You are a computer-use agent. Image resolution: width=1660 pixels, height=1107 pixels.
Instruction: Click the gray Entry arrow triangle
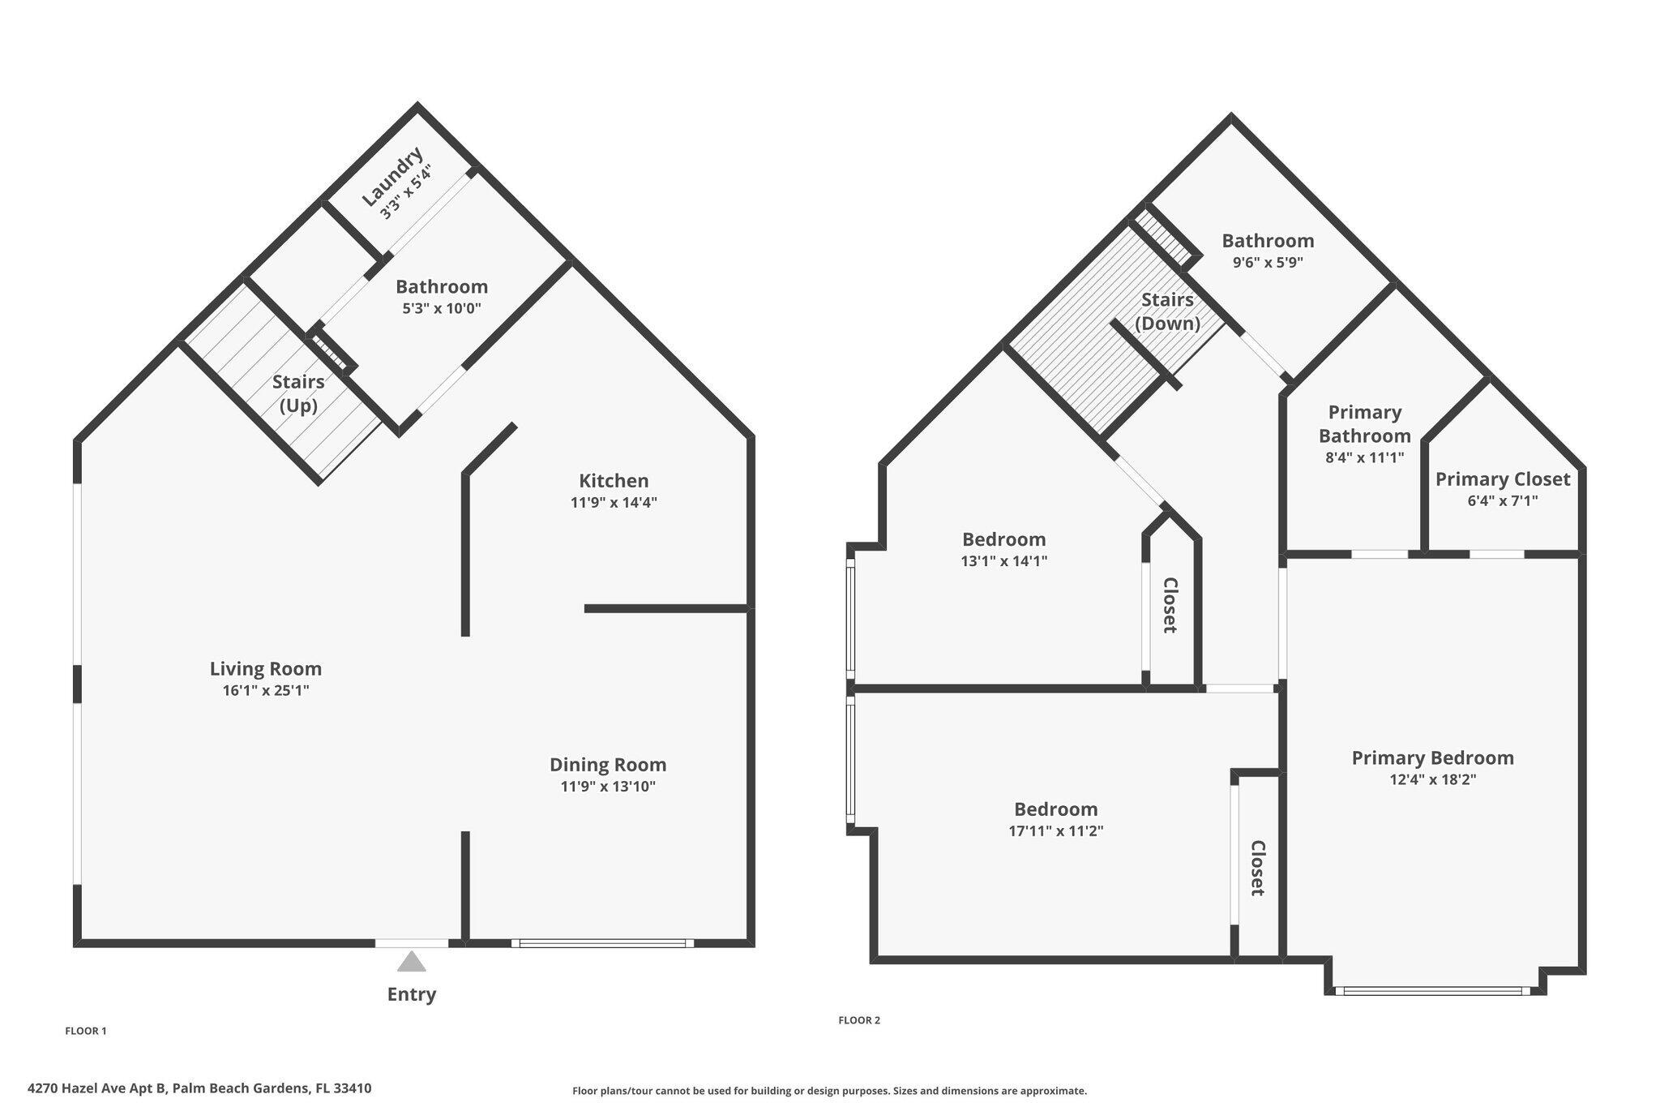click(x=412, y=963)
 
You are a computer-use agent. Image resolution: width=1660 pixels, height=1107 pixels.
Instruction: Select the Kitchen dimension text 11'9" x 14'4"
click(x=614, y=503)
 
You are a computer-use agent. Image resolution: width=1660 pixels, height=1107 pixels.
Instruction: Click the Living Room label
click(x=266, y=669)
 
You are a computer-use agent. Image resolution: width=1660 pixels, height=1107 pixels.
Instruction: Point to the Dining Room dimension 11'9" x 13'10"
click(x=608, y=787)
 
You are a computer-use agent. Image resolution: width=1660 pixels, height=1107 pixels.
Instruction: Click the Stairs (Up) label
click(x=298, y=393)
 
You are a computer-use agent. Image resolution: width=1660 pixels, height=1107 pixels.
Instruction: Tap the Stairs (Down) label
click(x=1167, y=311)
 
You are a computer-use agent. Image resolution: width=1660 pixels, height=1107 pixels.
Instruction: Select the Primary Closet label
click(x=1503, y=479)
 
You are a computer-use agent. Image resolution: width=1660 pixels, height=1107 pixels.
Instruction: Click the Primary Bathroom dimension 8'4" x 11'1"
click(x=1365, y=457)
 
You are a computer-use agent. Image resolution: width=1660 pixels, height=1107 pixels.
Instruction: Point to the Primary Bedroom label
click(x=1432, y=758)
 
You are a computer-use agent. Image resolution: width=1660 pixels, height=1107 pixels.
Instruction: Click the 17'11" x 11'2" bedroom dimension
click(x=1056, y=831)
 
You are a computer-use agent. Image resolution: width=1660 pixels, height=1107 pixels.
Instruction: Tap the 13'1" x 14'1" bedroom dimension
click(x=1003, y=561)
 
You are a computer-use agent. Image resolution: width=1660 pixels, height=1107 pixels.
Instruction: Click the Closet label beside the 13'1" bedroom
click(x=1170, y=605)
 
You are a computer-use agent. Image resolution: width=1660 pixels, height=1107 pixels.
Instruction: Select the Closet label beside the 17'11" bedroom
click(x=1258, y=868)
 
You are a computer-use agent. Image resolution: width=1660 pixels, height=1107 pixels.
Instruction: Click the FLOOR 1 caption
click(x=86, y=1032)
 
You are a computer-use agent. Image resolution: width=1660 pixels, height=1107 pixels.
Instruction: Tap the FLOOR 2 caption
click(x=859, y=1021)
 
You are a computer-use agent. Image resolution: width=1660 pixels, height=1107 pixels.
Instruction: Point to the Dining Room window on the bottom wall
click(x=603, y=943)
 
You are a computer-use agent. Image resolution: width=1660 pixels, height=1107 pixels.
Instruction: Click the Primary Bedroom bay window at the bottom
click(x=1432, y=990)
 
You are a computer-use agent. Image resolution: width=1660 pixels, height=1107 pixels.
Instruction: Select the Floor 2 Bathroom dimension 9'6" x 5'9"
click(x=1268, y=263)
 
